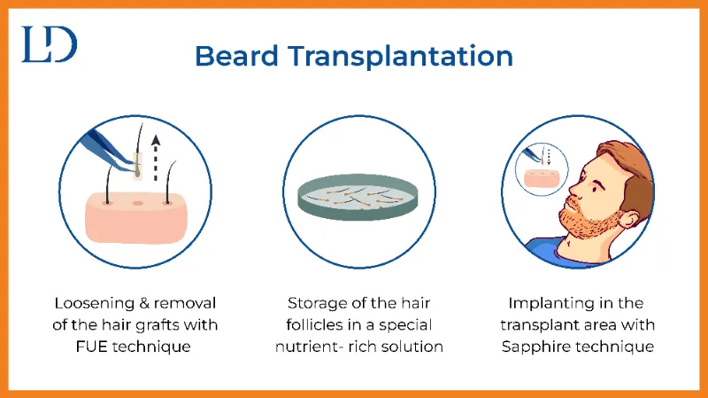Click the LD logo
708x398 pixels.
(x=50, y=43)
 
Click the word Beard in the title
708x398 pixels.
(x=236, y=56)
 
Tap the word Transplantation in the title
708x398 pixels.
(x=401, y=56)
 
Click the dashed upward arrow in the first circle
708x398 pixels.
(x=156, y=158)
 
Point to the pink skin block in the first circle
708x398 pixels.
(x=136, y=217)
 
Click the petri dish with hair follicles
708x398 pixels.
(x=358, y=197)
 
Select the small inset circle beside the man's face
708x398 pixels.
(x=542, y=169)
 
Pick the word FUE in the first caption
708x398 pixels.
(x=91, y=347)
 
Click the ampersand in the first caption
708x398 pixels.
(x=144, y=303)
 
